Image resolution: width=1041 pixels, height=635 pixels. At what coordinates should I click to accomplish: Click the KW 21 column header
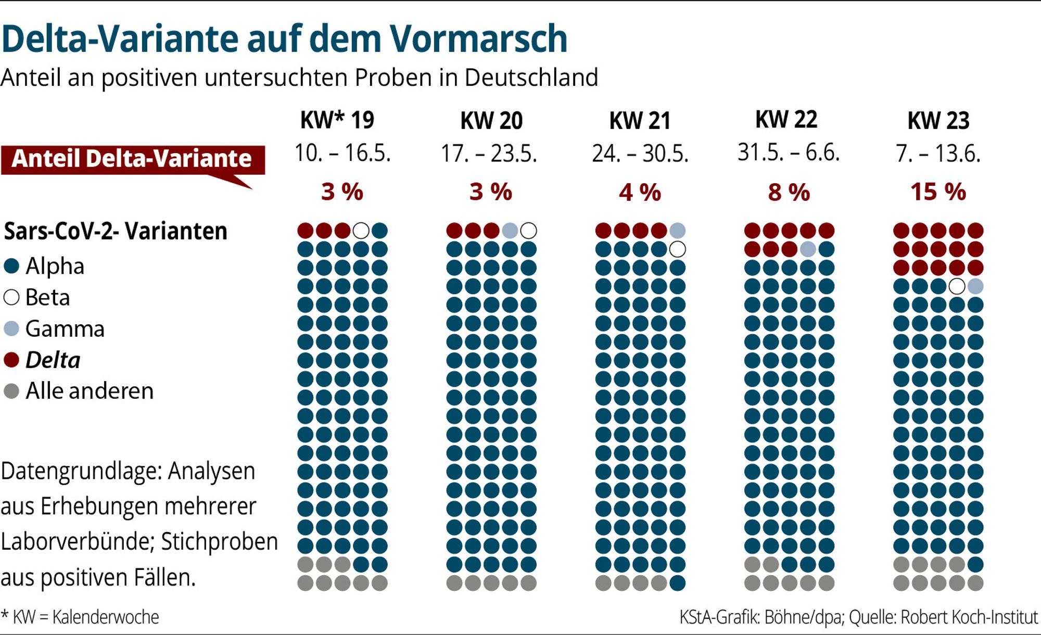click(640, 121)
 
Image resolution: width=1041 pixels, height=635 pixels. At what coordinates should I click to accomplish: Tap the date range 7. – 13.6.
click(938, 154)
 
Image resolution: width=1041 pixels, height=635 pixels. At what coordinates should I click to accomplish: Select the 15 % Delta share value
click(938, 192)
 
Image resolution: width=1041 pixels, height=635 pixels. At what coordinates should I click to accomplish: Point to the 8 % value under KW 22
click(789, 192)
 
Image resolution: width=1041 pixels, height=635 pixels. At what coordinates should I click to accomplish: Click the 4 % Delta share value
click(640, 192)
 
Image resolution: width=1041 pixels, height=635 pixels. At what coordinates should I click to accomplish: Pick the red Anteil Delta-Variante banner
click(133, 160)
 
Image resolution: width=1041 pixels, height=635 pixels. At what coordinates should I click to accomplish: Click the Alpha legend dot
click(11, 266)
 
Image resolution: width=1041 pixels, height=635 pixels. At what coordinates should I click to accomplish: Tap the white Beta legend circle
click(11, 298)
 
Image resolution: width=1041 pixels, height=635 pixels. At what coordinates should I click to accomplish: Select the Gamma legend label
click(65, 329)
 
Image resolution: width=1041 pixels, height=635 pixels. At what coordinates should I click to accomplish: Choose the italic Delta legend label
click(53, 360)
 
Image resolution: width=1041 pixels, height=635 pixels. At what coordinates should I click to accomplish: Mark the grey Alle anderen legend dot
click(11, 391)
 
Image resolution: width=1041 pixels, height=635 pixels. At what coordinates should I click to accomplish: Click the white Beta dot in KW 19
click(361, 231)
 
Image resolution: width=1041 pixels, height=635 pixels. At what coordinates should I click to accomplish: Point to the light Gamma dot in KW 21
click(677, 231)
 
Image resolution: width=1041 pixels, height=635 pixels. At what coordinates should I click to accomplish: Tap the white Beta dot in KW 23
click(957, 286)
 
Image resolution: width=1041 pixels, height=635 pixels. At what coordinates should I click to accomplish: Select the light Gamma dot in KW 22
click(807, 249)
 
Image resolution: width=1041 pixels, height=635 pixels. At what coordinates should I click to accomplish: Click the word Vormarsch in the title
click(478, 39)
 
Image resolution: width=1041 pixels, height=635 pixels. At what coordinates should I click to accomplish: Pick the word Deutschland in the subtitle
click(531, 78)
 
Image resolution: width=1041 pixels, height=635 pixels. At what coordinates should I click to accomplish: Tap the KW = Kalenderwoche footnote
click(80, 617)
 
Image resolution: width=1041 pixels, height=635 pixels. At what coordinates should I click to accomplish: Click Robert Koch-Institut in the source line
click(969, 617)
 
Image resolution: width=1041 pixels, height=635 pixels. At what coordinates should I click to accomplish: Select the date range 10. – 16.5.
click(342, 154)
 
